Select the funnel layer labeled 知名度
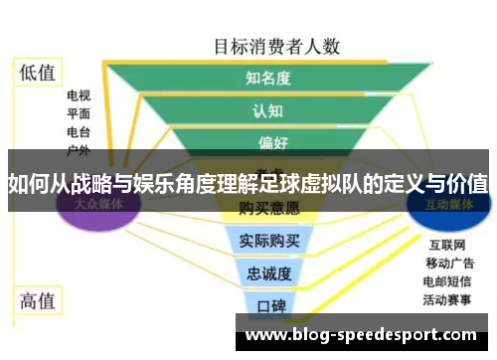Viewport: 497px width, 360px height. coord(267,77)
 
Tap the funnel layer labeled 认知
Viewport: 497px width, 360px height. coord(267,109)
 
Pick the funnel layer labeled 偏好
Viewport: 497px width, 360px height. coord(267,141)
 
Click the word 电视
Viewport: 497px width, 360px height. coord(79,96)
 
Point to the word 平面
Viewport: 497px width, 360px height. coord(79,114)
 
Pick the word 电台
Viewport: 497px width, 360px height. coord(79,132)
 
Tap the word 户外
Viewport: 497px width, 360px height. coord(79,149)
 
